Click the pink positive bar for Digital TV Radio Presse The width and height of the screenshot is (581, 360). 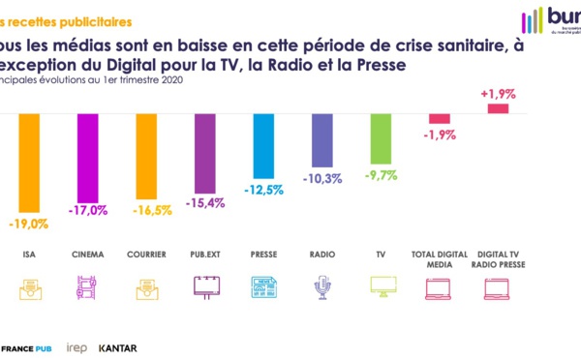click(498, 108)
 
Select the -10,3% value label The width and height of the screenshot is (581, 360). click(321, 178)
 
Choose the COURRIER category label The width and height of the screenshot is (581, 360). click(144, 255)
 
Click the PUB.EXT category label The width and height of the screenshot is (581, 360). click(203, 255)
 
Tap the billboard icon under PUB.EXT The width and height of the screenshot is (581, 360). click(205, 286)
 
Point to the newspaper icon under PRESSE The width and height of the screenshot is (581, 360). click(263, 286)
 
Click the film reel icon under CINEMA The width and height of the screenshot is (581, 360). click(85, 286)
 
